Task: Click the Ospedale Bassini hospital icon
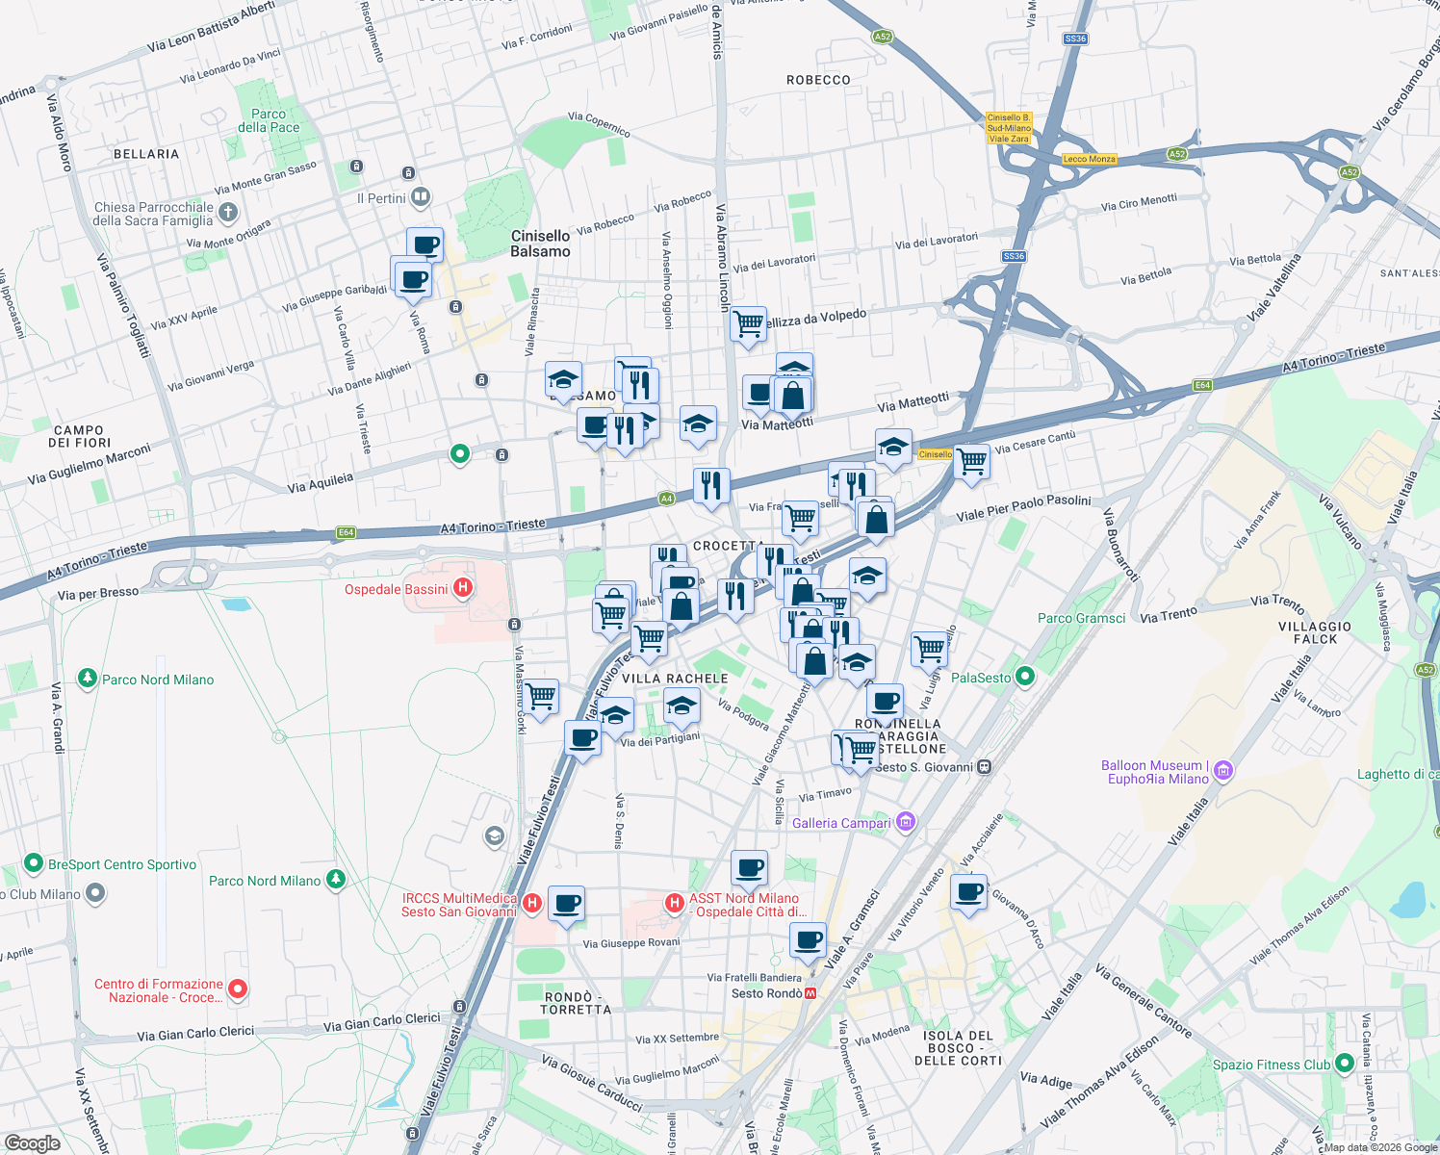click(x=463, y=588)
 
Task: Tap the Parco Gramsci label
click(x=1081, y=618)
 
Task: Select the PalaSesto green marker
click(x=1025, y=678)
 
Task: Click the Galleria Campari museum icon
click(x=906, y=822)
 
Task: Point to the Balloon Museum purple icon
click(x=1223, y=771)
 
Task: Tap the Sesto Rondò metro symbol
click(x=811, y=993)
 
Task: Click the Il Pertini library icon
click(x=421, y=198)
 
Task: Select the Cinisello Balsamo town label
click(x=540, y=244)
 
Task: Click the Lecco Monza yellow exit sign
click(x=1089, y=159)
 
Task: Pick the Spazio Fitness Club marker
click(x=1340, y=1065)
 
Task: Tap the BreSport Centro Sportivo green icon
click(x=34, y=863)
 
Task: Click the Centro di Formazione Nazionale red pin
click(x=238, y=989)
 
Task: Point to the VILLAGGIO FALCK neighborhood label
click(x=1315, y=632)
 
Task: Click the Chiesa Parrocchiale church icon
click(x=228, y=212)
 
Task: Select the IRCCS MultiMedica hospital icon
click(x=532, y=904)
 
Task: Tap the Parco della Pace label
click(x=269, y=120)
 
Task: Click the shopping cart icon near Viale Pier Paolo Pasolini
click(x=972, y=461)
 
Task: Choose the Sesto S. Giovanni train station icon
click(x=984, y=767)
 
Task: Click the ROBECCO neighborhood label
click(x=818, y=80)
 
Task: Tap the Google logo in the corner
click(x=33, y=1142)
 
